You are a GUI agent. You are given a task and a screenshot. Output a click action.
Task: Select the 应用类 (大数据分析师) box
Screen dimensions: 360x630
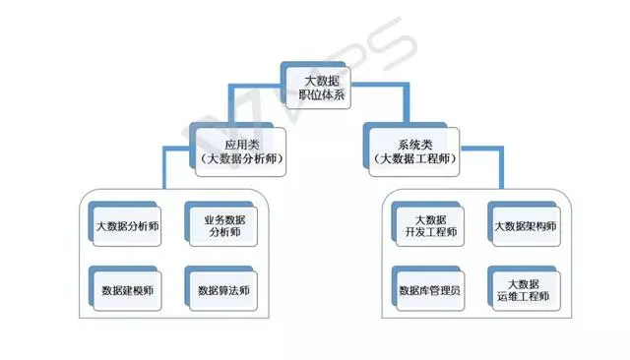(x=233, y=150)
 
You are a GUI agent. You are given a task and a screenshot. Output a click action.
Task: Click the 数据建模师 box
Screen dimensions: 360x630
(x=126, y=290)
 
